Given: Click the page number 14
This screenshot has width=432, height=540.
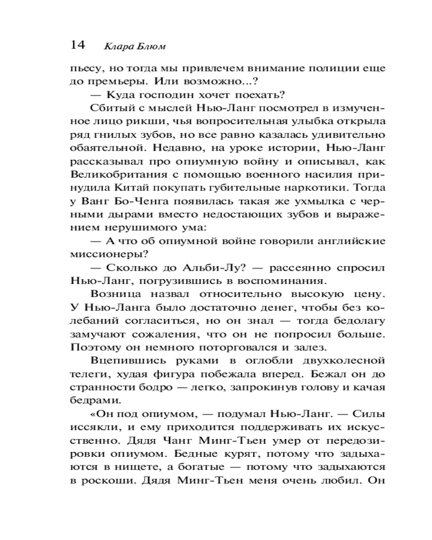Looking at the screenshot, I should [77, 45].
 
